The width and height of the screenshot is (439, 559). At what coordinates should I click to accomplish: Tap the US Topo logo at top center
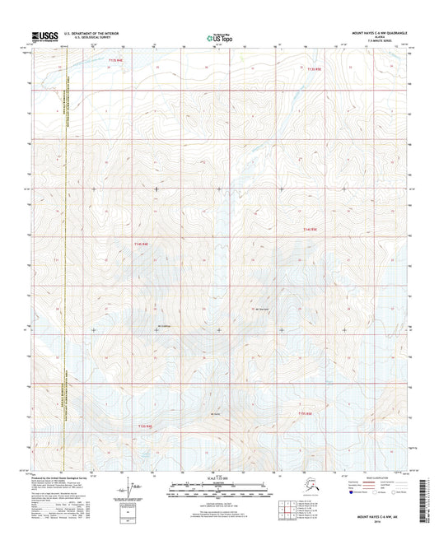click(x=219, y=36)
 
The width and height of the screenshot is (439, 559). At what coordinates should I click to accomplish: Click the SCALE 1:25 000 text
click(x=219, y=478)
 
